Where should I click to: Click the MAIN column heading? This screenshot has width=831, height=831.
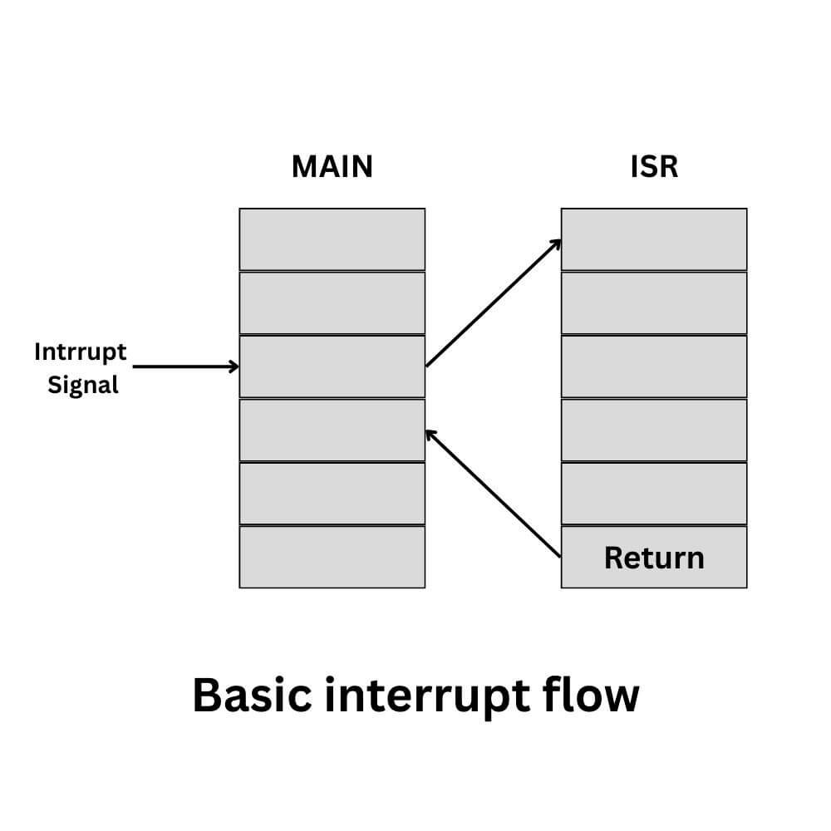pyautogui.click(x=332, y=166)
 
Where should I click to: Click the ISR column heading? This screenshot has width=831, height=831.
pyautogui.click(x=654, y=166)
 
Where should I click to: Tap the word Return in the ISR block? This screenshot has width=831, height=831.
pyautogui.click(x=654, y=557)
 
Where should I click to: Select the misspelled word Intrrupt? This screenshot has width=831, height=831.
pyautogui.click(x=81, y=352)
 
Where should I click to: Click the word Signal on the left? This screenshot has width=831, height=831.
pyautogui.click(x=83, y=386)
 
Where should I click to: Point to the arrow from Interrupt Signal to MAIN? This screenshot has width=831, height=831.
pyautogui.click(x=185, y=366)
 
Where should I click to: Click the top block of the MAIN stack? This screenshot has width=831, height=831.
pyautogui.click(x=332, y=239)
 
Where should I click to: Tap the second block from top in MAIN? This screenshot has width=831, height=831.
pyautogui.click(x=332, y=302)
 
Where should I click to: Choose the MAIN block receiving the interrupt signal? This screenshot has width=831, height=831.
pyautogui.click(x=332, y=366)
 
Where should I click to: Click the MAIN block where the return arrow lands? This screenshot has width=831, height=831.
pyautogui.click(x=332, y=430)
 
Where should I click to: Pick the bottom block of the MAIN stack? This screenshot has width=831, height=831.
pyautogui.click(x=332, y=557)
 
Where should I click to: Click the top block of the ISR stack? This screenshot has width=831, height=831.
pyautogui.click(x=654, y=239)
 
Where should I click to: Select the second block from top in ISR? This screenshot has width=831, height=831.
pyautogui.click(x=654, y=302)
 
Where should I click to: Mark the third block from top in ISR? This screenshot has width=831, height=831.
pyautogui.click(x=654, y=366)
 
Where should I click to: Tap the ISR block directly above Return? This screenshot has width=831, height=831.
pyautogui.click(x=654, y=494)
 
